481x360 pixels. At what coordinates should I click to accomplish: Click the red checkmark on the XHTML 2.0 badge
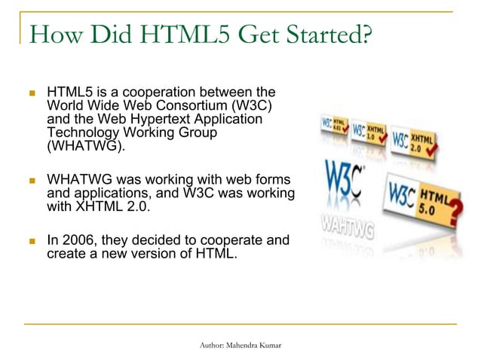click(433, 154)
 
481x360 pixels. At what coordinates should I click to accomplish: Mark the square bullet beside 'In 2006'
click(32, 242)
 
